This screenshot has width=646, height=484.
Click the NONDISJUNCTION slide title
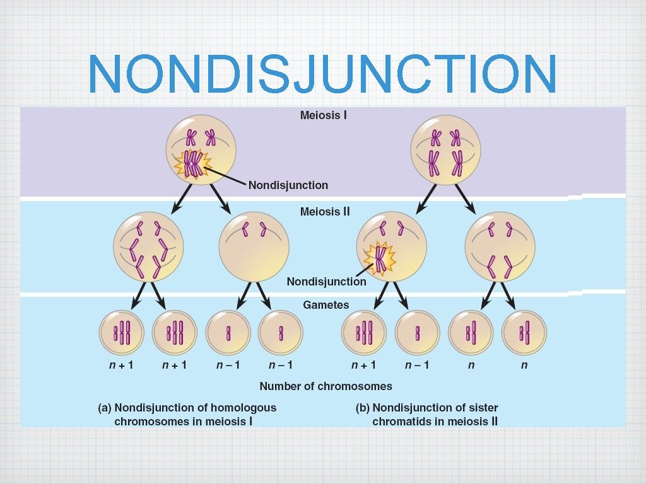(322, 74)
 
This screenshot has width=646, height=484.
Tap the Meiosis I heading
(323, 115)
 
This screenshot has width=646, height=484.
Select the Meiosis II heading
(324, 212)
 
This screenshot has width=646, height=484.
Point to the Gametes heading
(326, 304)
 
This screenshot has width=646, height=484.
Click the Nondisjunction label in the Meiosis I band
(288, 185)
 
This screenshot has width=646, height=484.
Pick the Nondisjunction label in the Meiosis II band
(326, 282)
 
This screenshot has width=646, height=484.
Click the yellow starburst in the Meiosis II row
(380, 258)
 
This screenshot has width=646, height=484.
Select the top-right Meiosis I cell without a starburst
(445, 150)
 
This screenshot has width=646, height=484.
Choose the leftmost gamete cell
(122, 333)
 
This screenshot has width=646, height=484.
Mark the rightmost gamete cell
(524, 333)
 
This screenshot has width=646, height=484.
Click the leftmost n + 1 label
(122, 365)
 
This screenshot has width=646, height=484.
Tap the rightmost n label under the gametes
(524, 365)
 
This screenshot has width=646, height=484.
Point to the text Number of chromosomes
(326, 386)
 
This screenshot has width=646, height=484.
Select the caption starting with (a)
(187, 415)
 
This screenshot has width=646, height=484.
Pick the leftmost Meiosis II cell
(148, 246)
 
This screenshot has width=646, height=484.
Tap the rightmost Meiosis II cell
(500, 246)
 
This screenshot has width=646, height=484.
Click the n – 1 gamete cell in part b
(418, 333)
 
